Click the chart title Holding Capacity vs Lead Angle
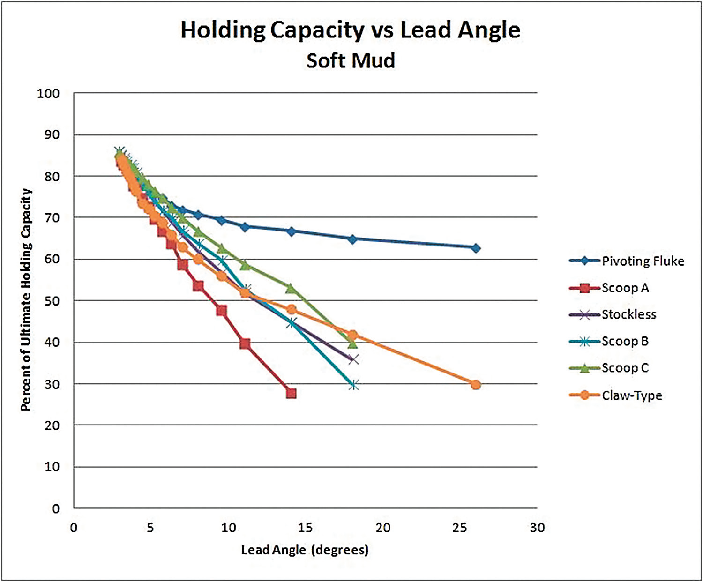(350, 30)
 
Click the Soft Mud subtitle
(351, 61)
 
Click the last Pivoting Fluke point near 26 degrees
(476, 248)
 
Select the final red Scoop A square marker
(291, 393)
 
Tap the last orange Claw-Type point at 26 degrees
(476, 385)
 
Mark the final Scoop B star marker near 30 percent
(354, 385)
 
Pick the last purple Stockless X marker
(354, 359)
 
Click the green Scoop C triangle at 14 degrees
(291, 288)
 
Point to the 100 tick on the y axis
(48, 94)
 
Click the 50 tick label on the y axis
(51, 301)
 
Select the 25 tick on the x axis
(460, 528)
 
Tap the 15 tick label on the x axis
(305, 528)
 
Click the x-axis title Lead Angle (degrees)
(305, 550)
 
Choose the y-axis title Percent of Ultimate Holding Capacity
(26, 300)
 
